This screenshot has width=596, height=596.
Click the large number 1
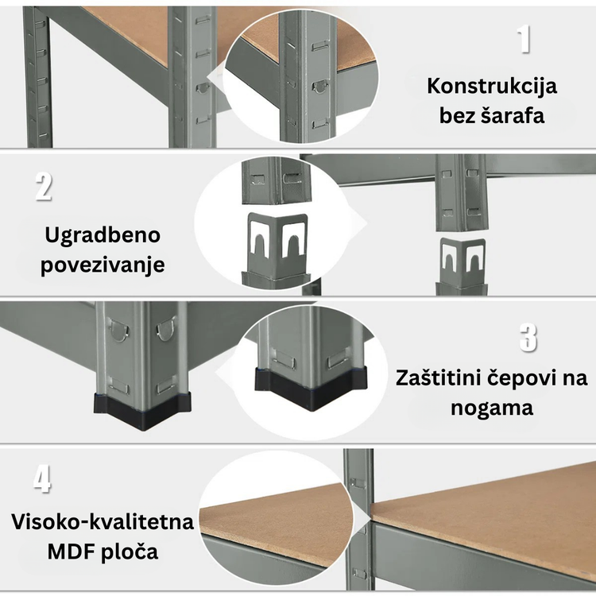[524, 39]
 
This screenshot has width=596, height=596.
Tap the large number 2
[44, 187]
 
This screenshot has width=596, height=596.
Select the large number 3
[528, 338]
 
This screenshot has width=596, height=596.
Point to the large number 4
[42, 480]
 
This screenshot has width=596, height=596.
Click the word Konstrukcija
[492, 87]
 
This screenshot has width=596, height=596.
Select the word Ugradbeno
[103, 235]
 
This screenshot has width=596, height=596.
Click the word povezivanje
[103, 265]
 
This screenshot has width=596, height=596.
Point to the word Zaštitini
[439, 378]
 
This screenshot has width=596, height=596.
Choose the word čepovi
[523, 379]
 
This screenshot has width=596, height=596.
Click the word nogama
[492, 408]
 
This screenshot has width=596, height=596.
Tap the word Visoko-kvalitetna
[103, 522]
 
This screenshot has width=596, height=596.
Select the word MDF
[72, 552]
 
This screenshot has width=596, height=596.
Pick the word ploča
[130, 552]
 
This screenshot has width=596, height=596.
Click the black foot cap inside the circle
[312, 388]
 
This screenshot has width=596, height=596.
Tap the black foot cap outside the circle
[142, 412]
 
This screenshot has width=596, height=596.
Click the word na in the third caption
[575, 379]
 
